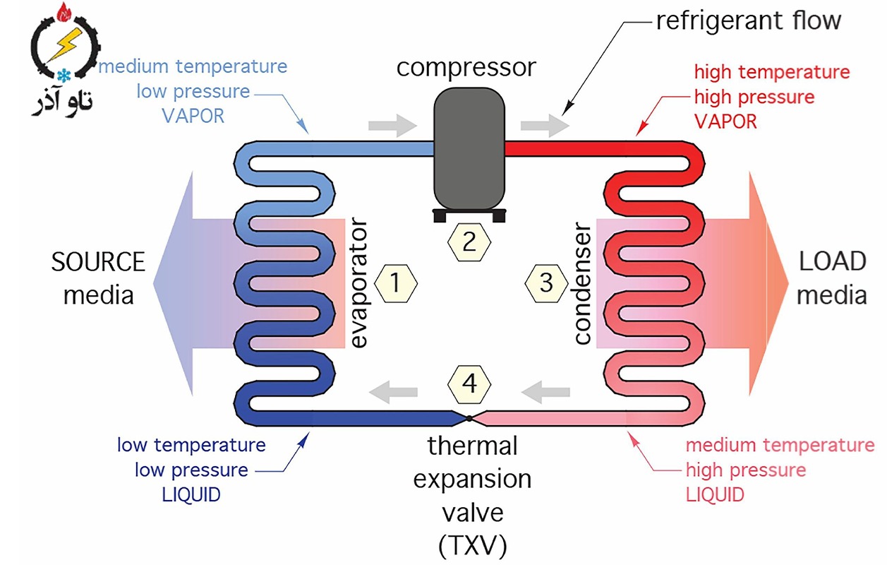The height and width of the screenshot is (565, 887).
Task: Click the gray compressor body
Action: [469, 148]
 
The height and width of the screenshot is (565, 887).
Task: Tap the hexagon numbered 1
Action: [396, 284]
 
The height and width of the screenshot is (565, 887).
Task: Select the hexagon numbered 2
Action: [469, 242]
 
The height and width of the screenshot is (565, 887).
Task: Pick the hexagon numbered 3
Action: [546, 284]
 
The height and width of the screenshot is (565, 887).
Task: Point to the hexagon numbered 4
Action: [469, 384]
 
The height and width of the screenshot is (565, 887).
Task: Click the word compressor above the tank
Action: [466, 68]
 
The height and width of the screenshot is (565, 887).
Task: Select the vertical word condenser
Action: [582, 283]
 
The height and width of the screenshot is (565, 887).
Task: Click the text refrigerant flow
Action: [749, 20]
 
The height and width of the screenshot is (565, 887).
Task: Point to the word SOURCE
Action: [98, 262]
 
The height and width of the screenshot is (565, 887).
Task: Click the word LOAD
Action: [833, 261]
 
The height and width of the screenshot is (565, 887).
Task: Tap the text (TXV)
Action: [473, 546]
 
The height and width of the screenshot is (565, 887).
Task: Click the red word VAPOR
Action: [725, 121]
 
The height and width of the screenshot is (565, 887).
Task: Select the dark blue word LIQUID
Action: [191, 495]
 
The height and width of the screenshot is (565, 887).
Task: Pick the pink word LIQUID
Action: [715, 495]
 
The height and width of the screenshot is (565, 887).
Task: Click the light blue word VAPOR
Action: [193, 116]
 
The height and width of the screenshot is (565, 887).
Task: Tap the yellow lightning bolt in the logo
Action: [66, 44]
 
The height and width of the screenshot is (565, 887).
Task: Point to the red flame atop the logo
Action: [64, 12]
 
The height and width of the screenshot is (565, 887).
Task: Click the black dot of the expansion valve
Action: [469, 418]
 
